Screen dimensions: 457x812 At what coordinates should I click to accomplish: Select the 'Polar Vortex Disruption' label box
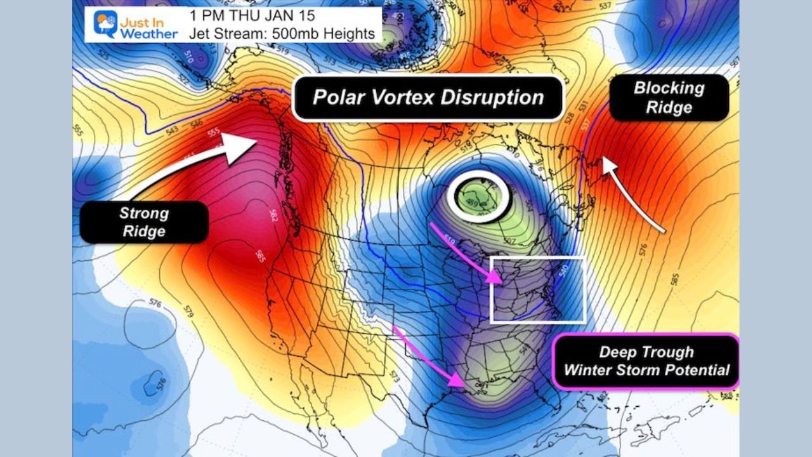coord(428,98)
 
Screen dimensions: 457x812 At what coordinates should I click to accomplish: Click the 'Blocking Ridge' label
coord(669,98)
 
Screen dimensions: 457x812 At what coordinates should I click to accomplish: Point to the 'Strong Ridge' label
coord(144,222)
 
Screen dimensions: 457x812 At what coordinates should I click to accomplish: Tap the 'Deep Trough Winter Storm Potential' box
coord(646,361)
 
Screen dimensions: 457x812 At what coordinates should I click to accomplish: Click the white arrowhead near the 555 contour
coord(241,145)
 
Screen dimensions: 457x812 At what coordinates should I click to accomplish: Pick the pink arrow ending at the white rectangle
coord(482,274)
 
